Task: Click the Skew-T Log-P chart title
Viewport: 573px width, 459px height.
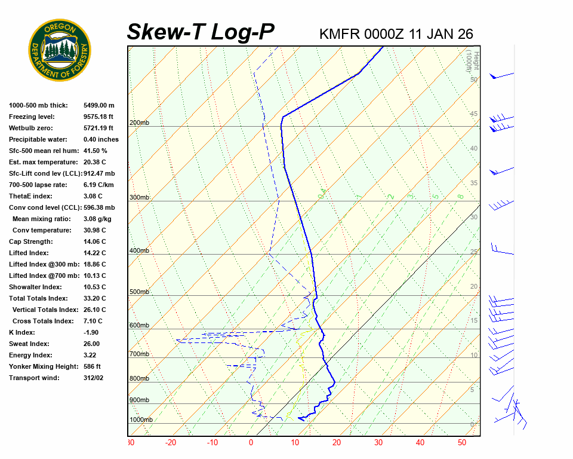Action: click(201, 32)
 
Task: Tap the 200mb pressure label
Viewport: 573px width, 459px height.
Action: click(139, 123)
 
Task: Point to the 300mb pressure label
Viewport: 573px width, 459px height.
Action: click(139, 197)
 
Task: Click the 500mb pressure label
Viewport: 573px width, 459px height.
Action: click(139, 292)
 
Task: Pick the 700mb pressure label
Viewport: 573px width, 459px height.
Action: click(139, 354)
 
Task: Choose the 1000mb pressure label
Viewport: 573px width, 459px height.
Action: click(141, 420)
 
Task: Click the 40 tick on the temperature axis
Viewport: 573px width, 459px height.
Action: click(420, 443)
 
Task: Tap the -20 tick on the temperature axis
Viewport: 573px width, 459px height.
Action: click(171, 443)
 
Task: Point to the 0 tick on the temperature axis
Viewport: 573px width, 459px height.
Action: click(251, 443)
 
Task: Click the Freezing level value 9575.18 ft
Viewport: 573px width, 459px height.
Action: click(98, 117)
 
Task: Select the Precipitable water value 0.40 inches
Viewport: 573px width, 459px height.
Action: click(101, 139)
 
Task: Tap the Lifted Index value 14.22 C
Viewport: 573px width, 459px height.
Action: click(94, 253)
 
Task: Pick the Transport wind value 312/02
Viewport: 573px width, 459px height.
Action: click(93, 378)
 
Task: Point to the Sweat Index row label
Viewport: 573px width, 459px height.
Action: click(29, 344)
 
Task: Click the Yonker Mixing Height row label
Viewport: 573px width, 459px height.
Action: click(41, 366)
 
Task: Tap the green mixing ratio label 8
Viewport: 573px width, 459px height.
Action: click(460, 195)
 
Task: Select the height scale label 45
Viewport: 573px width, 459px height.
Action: click(474, 114)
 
